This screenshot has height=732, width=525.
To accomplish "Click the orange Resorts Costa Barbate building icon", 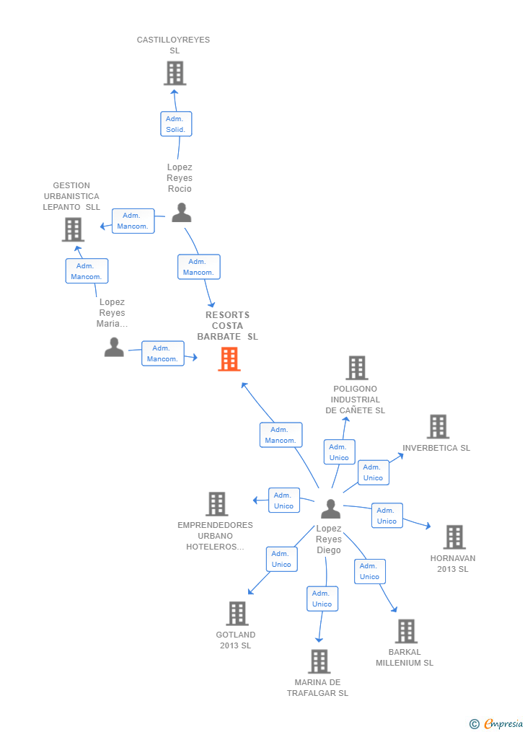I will [229, 359].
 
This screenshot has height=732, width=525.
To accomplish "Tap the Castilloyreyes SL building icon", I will [175, 73].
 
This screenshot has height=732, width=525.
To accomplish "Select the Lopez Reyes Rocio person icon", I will [181, 213].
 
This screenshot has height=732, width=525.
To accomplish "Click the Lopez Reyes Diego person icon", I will [330, 509].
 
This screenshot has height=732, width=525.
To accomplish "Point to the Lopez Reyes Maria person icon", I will [114, 348].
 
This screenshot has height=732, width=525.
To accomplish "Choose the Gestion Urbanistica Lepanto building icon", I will [73, 229].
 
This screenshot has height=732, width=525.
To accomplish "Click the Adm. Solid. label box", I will [176, 124].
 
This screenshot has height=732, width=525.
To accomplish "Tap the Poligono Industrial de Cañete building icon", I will [357, 368].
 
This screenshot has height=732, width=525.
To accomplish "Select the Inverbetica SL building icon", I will [438, 427].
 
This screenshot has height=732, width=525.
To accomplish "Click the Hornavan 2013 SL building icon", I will [454, 537].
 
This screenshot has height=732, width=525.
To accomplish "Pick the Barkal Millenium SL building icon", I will [406, 631].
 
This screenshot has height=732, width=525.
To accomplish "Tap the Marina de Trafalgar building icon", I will [319, 661].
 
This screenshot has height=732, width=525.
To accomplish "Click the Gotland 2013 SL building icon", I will [237, 614].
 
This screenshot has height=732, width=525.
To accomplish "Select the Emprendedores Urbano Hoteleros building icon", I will [217, 504].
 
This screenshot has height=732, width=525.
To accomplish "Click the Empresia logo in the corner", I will [497, 723].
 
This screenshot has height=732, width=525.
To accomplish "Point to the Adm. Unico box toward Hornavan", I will [387, 516].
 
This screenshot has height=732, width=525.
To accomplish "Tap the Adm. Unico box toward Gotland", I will [282, 559].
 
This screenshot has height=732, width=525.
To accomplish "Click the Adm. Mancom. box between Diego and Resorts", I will [281, 435].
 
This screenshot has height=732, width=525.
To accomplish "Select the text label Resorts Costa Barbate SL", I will [227, 325].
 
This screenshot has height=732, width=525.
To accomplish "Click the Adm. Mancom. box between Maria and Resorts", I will [162, 353].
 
